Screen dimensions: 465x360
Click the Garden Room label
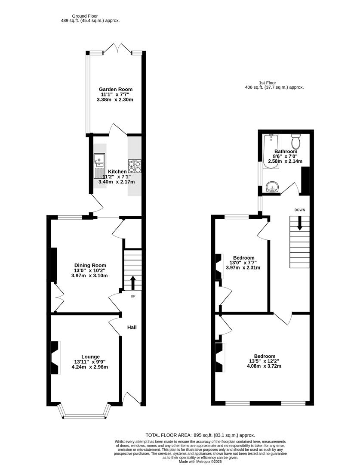114,89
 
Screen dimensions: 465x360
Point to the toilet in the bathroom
295,140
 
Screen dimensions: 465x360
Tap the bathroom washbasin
272,187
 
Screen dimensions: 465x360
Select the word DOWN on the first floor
300,210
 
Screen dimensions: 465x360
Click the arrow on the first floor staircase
300,223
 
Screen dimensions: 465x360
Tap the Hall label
132,327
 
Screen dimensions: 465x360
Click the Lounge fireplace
55,358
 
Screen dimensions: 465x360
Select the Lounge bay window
84,415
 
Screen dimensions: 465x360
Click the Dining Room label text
90,265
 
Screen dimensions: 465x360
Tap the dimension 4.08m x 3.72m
264,366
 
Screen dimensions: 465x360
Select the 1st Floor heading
268,82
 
